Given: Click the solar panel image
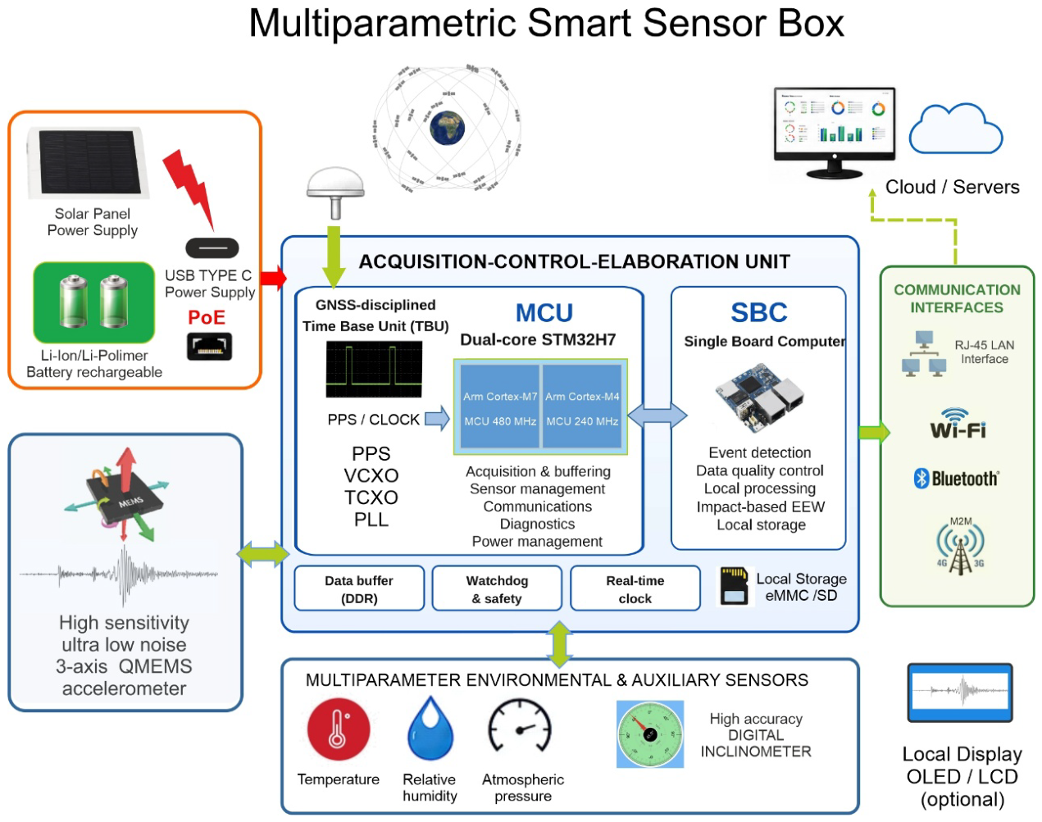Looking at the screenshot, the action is pyautogui.click(x=88, y=162).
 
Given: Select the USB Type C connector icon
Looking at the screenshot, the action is pyautogui.click(x=212, y=248).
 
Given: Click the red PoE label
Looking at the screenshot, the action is pyautogui.click(x=207, y=317).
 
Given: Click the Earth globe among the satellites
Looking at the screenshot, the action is pyautogui.click(x=447, y=129).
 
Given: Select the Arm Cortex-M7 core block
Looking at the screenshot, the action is pyautogui.click(x=500, y=406).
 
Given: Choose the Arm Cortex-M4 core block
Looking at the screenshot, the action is pyautogui.click(x=582, y=406).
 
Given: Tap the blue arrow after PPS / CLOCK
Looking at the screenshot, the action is pyautogui.click(x=437, y=418).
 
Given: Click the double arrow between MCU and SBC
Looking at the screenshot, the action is pyautogui.click(x=657, y=415).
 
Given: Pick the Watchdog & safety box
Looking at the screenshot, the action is pyautogui.click(x=497, y=588).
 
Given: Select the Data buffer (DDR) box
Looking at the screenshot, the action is pyautogui.click(x=359, y=588).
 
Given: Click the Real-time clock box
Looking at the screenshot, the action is pyautogui.click(x=635, y=588).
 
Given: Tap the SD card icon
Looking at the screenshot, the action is pyautogui.click(x=734, y=586).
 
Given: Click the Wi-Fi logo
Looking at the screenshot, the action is pyautogui.click(x=958, y=424).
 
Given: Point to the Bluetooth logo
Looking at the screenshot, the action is pyautogui.click(x=956, y=479).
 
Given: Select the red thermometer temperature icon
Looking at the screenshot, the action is pyautogui.click(x=339, y=729).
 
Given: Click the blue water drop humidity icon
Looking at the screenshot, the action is pyautogui.click(x=430, y=729).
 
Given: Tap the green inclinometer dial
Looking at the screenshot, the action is pyautogui.click(x=650, y=734).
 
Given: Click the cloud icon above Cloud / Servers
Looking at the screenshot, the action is pyautogui.click(x=956, y=129).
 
